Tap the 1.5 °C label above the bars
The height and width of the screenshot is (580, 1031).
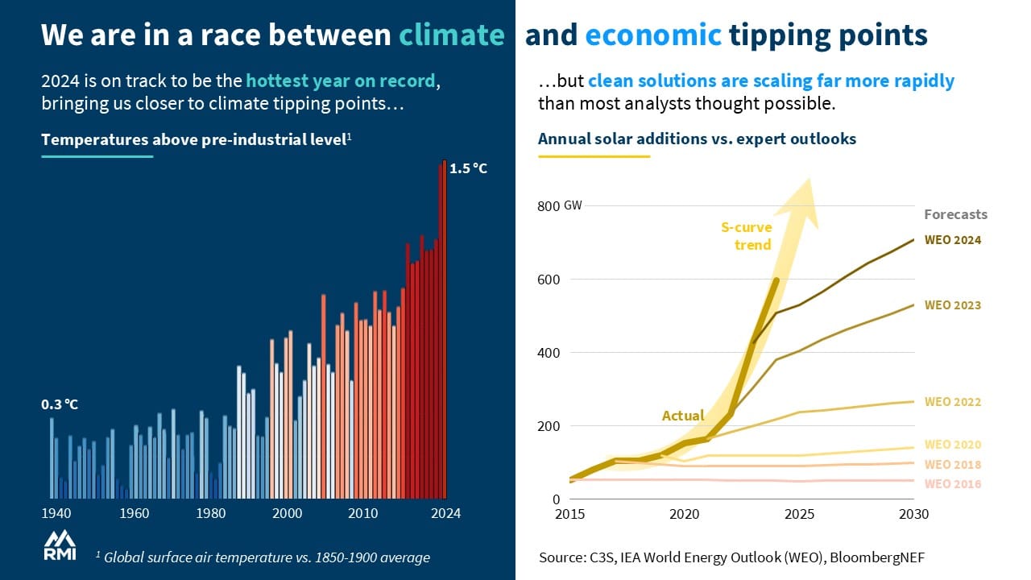pos(469,168)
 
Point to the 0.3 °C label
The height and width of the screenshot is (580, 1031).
pos(60,404)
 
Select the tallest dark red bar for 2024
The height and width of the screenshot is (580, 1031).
pos(442,330)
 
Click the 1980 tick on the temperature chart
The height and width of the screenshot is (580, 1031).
pos(211,513)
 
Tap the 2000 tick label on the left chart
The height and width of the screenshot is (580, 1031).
pos(288,513)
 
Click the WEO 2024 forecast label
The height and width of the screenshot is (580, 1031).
pos(953,240)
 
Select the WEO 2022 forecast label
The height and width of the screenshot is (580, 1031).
pos(953,402)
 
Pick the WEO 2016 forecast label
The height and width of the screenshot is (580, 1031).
pos(953,484)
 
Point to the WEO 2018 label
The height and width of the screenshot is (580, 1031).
pos(953,465)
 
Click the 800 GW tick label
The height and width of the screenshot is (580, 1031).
pos(557,206)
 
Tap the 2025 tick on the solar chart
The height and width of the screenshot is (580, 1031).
pos(799,514)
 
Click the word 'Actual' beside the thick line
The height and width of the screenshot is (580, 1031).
pos(682,416)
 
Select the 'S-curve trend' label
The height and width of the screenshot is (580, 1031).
pos(746,236)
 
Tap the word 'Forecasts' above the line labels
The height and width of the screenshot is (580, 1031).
pos(955,214)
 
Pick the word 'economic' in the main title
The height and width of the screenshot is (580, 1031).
pos(653,35)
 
